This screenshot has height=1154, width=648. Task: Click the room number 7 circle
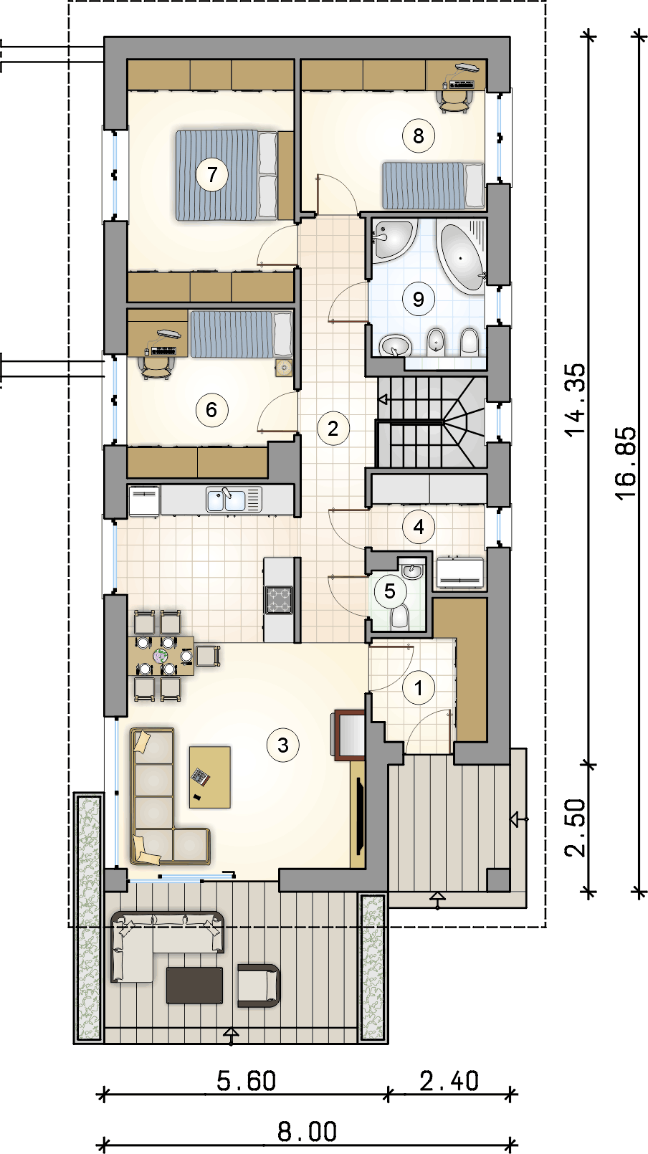[211, 175]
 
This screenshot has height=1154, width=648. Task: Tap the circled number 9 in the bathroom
[419, 299]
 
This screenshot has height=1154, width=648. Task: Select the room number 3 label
[283, 745]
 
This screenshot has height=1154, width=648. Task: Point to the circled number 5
[389, 591]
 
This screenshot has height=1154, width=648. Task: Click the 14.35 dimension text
[576, 400]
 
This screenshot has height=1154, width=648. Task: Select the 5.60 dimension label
[246, 1080]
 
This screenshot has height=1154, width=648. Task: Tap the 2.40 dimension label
[449, 1080]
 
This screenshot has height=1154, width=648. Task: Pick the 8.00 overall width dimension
[307, 1132]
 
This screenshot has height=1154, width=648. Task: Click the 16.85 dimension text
[626, 462]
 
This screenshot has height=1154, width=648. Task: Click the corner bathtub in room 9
[461, 256]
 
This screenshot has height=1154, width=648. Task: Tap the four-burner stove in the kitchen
[279, 600]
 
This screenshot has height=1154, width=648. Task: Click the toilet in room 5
[400, 616]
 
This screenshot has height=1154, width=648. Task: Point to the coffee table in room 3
[209, 777]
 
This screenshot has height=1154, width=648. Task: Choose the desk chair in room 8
[453, 101]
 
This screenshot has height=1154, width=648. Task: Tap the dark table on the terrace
[194, 985]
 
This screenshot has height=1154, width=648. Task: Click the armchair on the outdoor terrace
[259, 985]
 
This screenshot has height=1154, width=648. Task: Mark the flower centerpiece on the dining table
[161, 656]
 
